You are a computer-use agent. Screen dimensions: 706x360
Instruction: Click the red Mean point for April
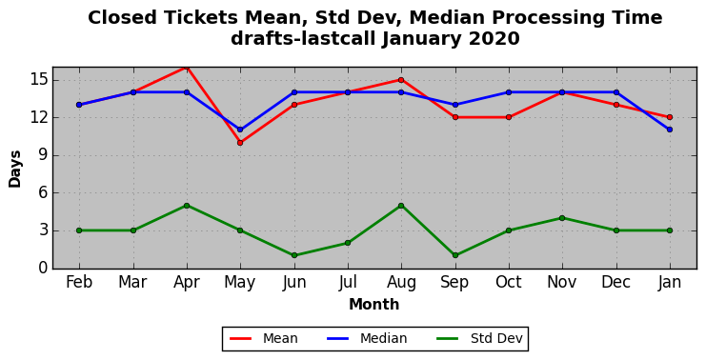187,68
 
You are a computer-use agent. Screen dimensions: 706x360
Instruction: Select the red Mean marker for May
240,143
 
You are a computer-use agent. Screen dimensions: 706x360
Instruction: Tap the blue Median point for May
240,130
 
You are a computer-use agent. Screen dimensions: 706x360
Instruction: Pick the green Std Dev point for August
401,205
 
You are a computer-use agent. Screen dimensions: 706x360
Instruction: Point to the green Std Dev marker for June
294,255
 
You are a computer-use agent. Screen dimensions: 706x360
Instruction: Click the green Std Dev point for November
562,218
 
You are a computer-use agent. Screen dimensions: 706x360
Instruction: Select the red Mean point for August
401,80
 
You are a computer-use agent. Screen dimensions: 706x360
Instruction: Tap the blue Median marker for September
455,105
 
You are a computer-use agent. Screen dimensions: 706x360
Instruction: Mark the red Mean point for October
509,117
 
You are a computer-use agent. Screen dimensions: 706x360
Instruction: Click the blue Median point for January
670,130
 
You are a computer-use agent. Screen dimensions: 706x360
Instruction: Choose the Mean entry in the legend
263,338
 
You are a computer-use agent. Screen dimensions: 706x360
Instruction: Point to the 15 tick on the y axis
37,80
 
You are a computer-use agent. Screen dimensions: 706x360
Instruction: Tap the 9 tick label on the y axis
42,155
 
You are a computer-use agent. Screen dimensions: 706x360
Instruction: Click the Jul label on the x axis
348,282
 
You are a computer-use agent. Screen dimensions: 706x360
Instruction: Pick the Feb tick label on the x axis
79,282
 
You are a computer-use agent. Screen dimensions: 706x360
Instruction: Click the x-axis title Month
374,304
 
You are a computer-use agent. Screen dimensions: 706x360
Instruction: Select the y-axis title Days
15,169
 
